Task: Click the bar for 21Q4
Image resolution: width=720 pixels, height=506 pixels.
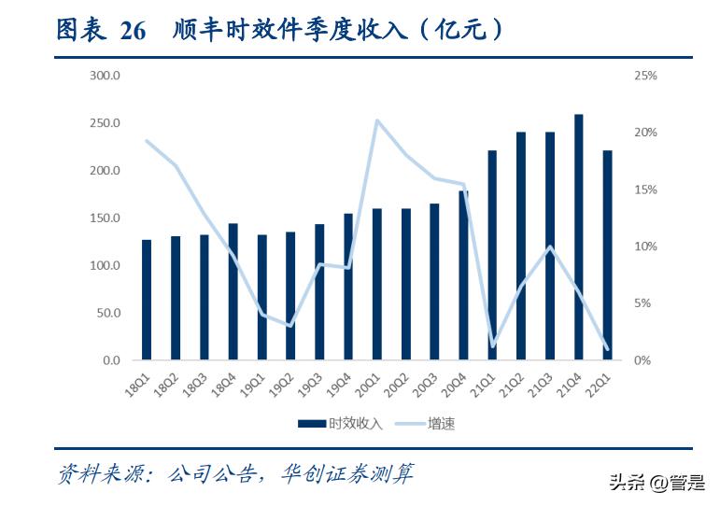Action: coord(578,237)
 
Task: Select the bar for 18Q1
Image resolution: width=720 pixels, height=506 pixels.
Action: coord(147,300)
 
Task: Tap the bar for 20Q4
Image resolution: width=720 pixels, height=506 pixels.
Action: coord(463,275)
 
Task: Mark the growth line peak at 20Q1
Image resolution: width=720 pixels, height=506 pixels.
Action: coord(376,120)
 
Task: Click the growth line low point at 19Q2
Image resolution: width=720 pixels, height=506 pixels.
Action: coord(290,326)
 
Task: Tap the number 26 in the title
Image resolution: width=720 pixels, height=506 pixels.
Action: coord(134,31)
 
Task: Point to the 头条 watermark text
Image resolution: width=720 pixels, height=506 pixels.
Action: coord(628,482)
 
